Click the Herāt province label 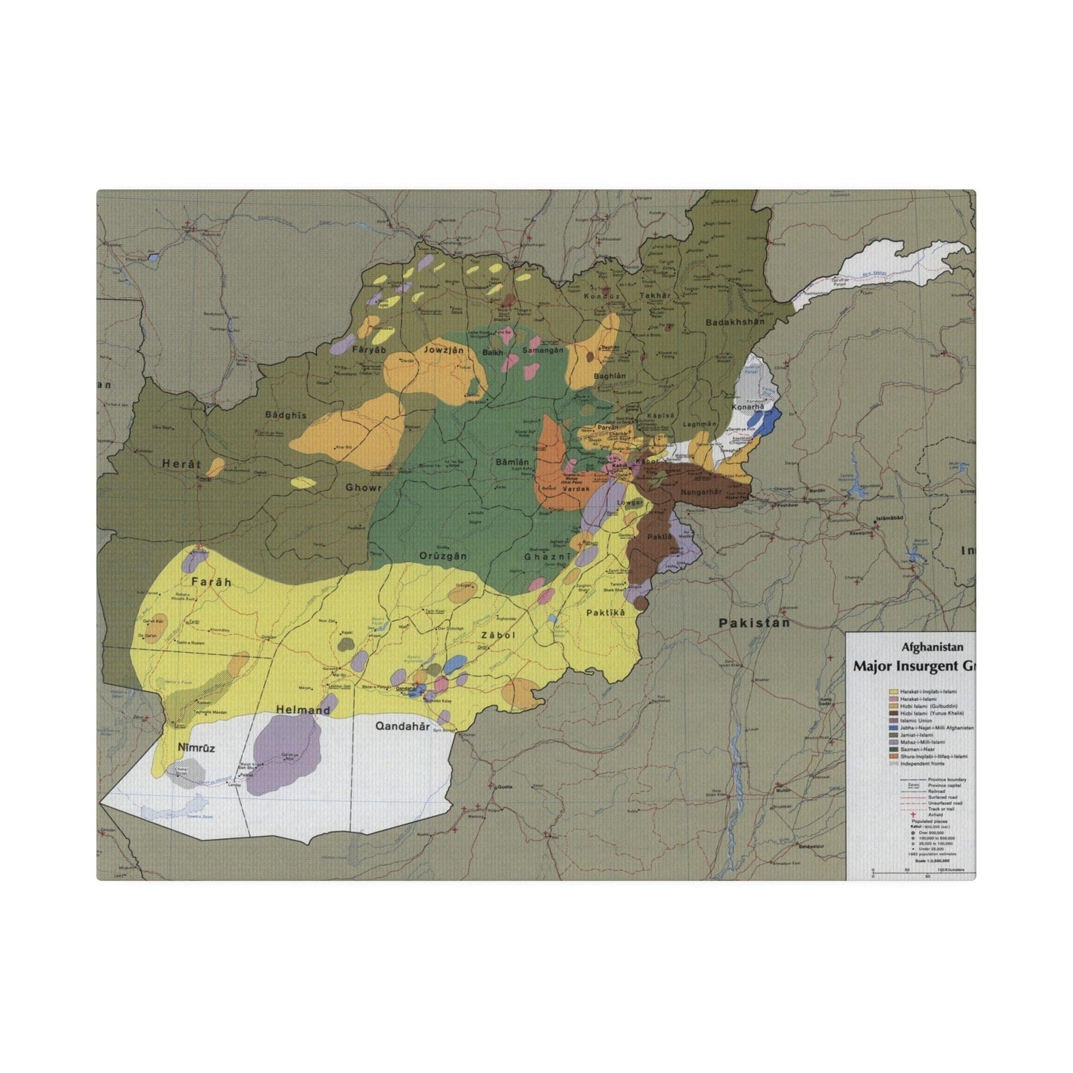click(181, 464)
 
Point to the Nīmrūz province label click(196, 748)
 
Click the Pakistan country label click(754, 623)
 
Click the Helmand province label click(302, 710)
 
